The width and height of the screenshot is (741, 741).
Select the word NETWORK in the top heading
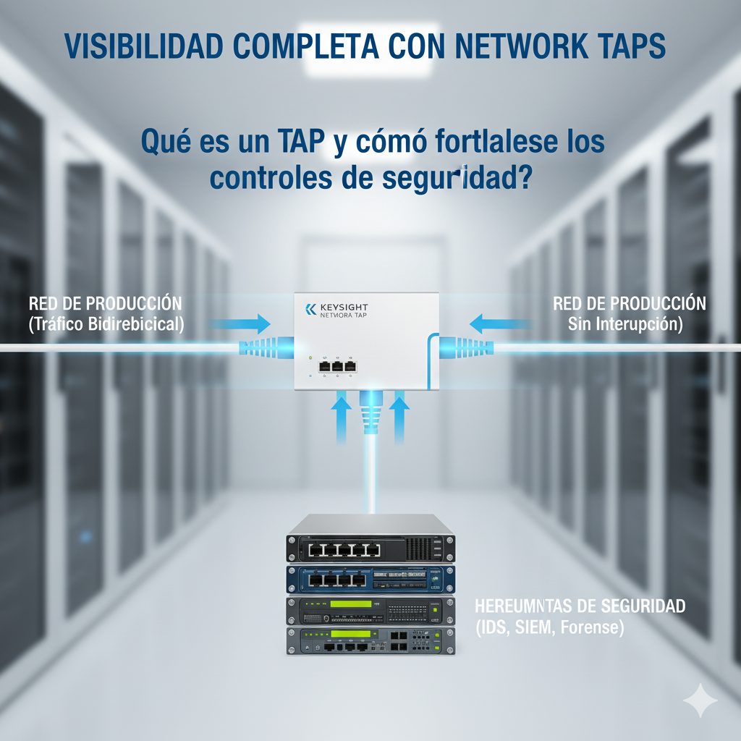tap(516, 45)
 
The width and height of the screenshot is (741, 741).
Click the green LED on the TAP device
tap(310, 358)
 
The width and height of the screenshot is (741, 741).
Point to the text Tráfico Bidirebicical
tap(106, 324)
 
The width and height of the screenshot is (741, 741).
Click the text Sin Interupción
tap(625, 324)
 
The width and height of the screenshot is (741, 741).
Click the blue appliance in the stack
tap(370, 578)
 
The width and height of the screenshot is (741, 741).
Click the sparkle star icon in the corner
tap(700, 700)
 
